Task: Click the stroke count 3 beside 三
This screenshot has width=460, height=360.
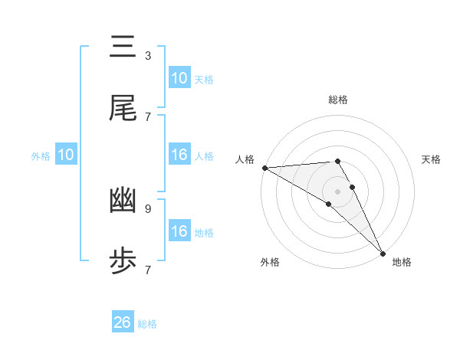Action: [x=148, y=55]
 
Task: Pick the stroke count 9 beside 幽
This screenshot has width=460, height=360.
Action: [x=148, y=208]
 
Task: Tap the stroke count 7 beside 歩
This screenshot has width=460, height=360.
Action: [x=148, y=270]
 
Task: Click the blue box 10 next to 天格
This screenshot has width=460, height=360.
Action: [x=179, y=78]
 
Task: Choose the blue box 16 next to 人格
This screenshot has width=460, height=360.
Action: [x=179, y=155]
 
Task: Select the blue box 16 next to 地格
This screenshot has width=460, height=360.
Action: [x=179, y=231]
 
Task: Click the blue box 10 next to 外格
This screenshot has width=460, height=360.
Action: [x=66, y=155]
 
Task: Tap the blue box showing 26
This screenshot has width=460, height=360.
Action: [x=123, y=322]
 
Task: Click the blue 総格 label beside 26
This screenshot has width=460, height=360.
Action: [x=147, y=324]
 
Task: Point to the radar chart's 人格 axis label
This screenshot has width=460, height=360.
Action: [x=245, y=159]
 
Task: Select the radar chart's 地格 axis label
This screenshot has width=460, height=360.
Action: [x=402, y=262]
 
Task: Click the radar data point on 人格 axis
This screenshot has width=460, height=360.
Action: [x=264, y=168]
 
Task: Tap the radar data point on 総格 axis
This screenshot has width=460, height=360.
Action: [x=337, y=161]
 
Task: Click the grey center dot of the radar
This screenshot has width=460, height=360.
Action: [x=337, y=191]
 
